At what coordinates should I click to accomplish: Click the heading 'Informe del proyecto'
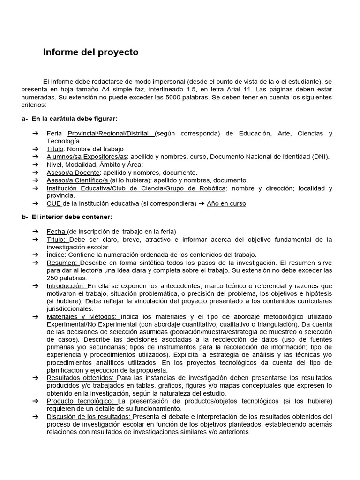click(90, 52)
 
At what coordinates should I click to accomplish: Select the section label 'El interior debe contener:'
click(72, 217)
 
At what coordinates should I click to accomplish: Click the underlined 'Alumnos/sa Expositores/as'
click(87, 157)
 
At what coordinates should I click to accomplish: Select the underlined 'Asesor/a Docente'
click(73, 172)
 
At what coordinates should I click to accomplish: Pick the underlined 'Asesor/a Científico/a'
click(77, 180)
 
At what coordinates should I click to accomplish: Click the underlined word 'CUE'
click(54, 203)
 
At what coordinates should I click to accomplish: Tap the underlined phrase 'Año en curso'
click(226, 203)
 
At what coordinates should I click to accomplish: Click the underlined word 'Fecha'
click(56, 232)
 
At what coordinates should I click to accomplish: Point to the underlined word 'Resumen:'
click(62, 262)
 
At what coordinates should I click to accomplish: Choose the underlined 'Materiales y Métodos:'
click(83, 317)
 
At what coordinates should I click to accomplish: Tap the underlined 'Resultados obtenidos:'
click(81, 378)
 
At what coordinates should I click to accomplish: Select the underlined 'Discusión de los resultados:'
click(89, 417)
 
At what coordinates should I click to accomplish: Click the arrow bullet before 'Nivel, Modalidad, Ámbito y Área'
click(36, 165)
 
